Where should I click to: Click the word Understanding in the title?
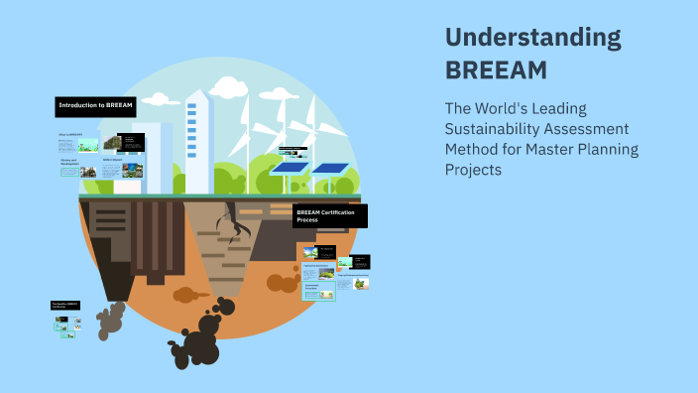[x=533, y=39]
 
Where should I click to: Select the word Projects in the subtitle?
[x=474, y=170]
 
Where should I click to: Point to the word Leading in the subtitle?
[x=587, y=108]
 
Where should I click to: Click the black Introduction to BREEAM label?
[x=95, y=105]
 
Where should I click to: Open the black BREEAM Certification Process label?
[x=330, y=216]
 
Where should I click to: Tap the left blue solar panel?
[x=289, y=168]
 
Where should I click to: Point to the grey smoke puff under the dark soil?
[x=110, y=318]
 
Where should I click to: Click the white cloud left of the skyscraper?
[x=159, y=99]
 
